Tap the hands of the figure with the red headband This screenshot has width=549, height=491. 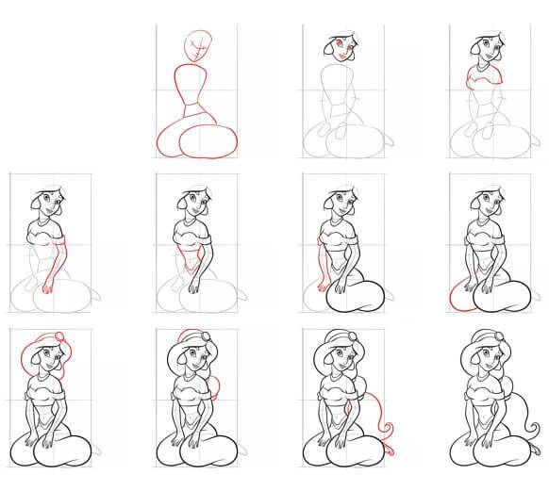point(46,437)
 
